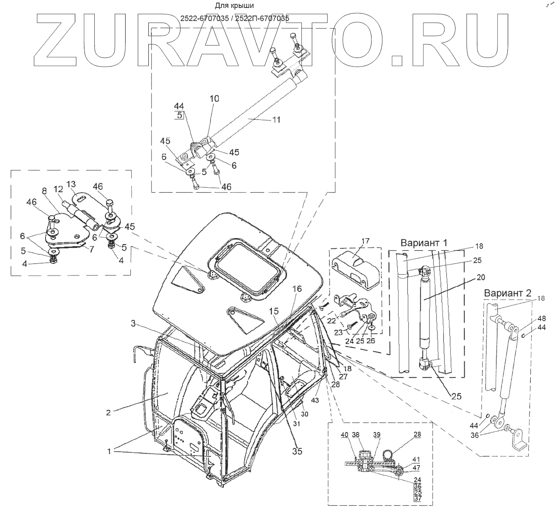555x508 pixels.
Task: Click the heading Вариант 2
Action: pyautogui.click(x=507, y=293)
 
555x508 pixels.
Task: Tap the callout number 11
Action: pyautogui.click(x=276, y=119)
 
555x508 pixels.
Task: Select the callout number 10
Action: pyautogui.click(x=214, y=98)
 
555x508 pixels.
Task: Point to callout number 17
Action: pyautogui.click(x=366, y=241)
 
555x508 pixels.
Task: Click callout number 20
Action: pyautogui.click(x=481, y=277)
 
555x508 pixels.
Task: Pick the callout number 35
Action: pyautogui.click(x=297, y=451)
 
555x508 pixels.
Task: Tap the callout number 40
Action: pyautogui.click(x=344, y=435)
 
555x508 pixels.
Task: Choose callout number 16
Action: pyautogui.click(x=297, y=289)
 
